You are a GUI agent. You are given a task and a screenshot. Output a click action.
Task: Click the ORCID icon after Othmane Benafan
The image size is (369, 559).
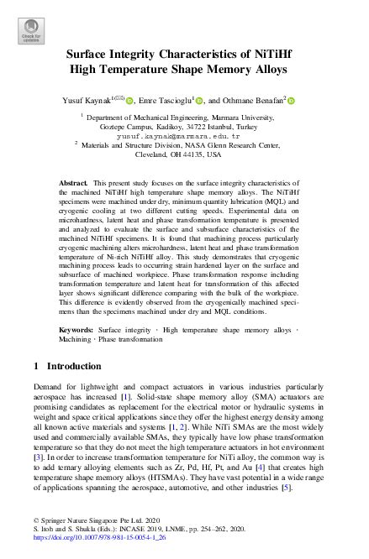coord(293,101)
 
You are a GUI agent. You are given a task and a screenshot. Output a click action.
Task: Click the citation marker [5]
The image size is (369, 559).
coord(310,486)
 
